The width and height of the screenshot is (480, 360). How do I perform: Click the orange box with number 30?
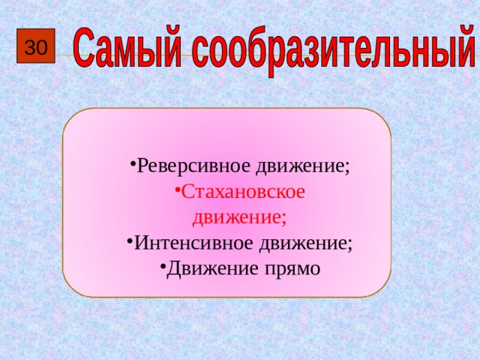click(36, 48)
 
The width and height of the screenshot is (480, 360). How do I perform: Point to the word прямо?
click(289, 268)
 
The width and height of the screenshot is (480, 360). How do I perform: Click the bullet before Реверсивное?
click(131, 165)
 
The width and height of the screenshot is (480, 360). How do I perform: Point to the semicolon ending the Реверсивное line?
click(348, 167)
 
